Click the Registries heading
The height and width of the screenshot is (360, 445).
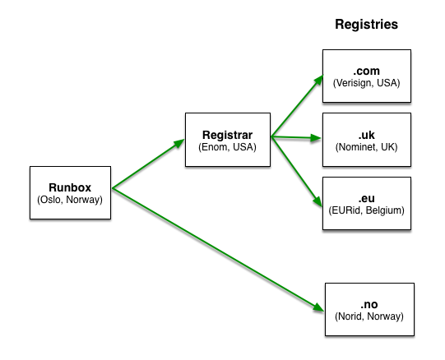coord(366,25)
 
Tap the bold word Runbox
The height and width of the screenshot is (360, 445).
coord(70,187)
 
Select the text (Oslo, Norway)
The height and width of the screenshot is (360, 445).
coord(70,200)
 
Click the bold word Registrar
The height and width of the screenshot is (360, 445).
coord(227,135)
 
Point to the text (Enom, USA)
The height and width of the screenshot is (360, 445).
coord(227,147)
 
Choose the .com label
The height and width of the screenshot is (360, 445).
coord(366,71)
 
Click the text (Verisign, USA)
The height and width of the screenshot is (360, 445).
coord(366,83)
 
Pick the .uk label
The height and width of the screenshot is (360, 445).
coord(366,135)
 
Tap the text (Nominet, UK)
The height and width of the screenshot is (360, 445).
coord(366,147)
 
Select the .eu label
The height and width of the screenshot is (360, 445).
coord(366,198)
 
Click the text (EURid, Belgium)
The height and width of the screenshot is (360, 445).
coord(366,210)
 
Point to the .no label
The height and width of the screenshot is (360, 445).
coord(369,304)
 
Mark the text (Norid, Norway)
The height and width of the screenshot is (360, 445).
coord(369,316)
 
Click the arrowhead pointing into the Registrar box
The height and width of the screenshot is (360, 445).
coord(179,143)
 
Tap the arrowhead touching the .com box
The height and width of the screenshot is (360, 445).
coord(319,80)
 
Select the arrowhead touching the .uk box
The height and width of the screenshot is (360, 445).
coord(316,138)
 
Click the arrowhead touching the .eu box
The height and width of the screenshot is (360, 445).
coord(318,201)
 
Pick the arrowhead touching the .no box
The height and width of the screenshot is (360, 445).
coord(318,307)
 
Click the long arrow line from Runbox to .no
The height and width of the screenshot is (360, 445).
coord(218,249)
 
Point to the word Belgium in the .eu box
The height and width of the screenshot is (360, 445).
coord(385,210)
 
